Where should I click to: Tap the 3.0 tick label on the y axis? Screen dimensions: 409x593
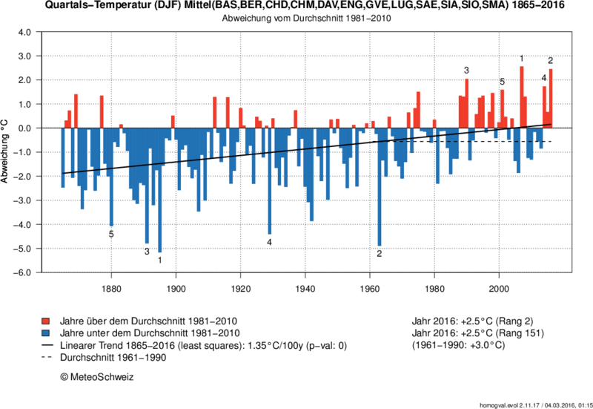point(23,56)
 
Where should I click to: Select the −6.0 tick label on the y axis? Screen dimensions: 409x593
point(21,272)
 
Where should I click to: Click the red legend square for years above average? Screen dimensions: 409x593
point(45,321)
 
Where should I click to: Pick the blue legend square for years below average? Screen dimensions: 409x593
point(45,333)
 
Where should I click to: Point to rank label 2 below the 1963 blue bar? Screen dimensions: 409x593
point(380,253)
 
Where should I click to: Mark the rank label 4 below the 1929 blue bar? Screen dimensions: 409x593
point(270,242)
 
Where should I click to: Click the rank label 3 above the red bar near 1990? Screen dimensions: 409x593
point(466,71)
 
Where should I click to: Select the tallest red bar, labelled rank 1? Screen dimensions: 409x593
point(522,97)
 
